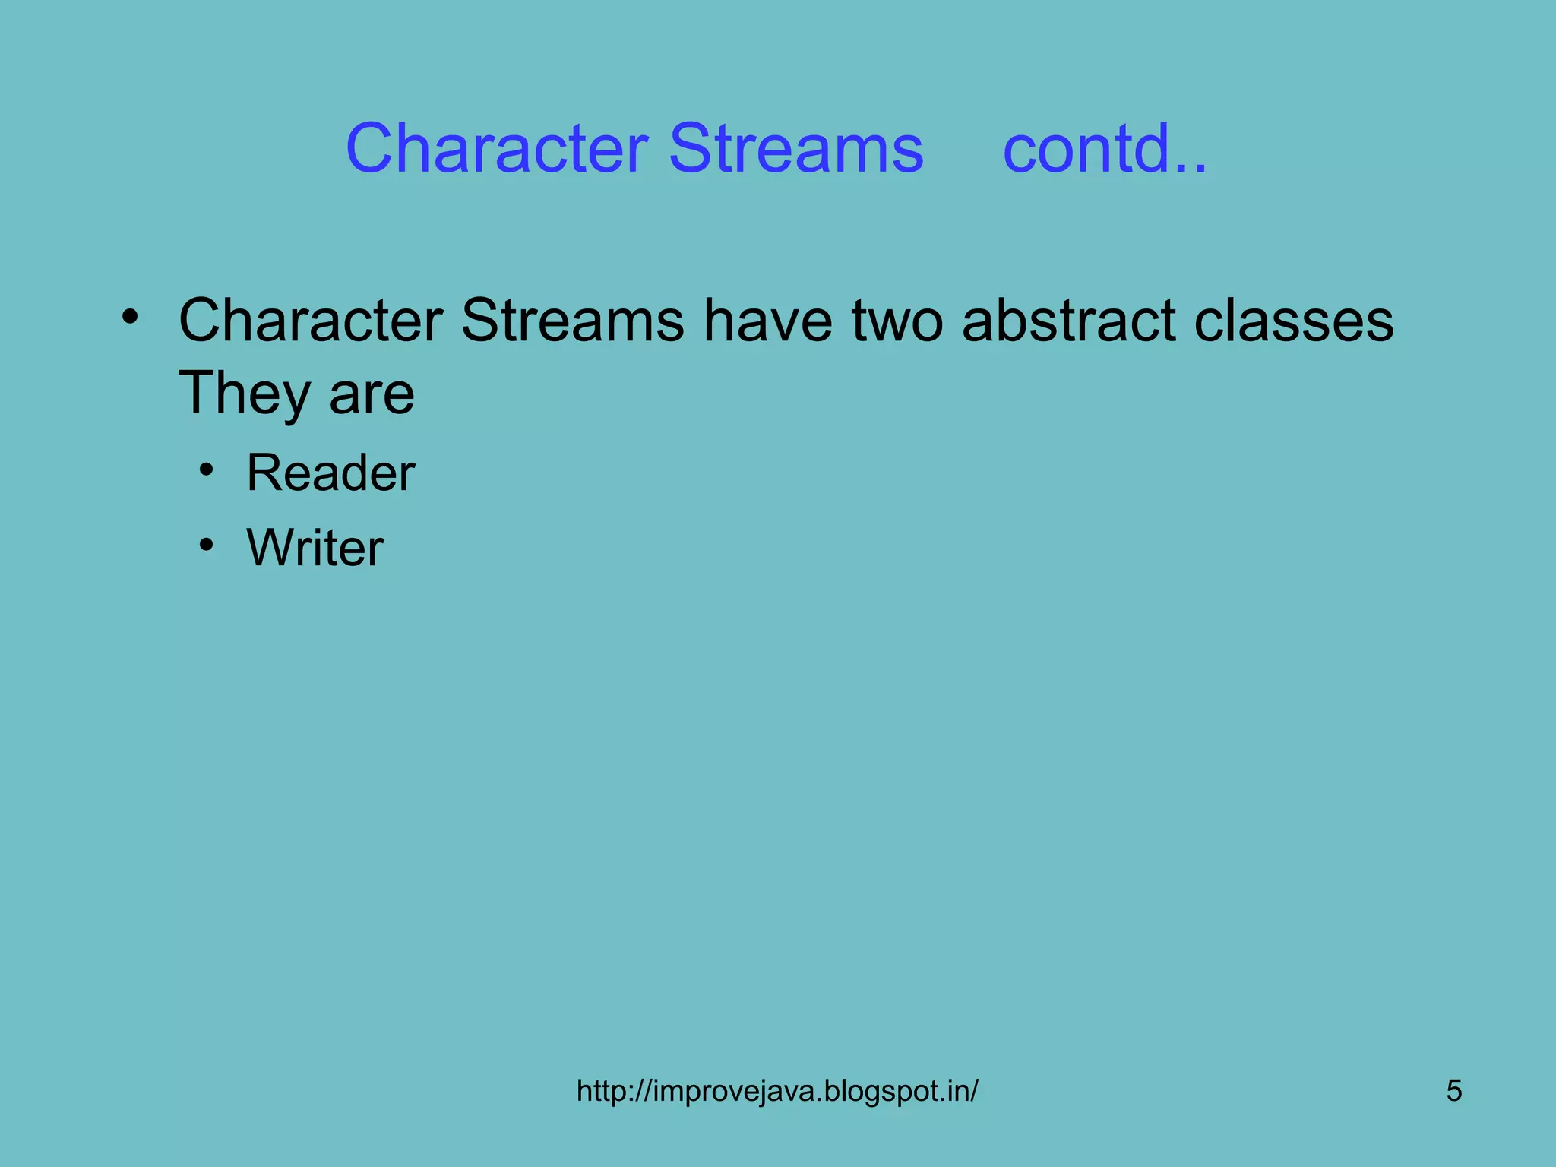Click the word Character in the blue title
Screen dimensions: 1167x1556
coord(497,148)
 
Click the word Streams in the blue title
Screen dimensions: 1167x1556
coord(795,148)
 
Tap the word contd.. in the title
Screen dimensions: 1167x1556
coord(1104,148)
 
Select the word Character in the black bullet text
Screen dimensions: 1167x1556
coord(310,321)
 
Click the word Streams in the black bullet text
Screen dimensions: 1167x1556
coord(571,321)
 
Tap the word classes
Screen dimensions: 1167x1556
coord(1293,321)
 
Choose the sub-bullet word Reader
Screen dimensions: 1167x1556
coord(330,473)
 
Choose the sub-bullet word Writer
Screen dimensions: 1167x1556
coord(315,547)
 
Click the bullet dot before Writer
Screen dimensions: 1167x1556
coord(206,545)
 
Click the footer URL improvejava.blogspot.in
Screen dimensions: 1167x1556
coord(776,1091)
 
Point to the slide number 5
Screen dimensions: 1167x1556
coord(1453,1091)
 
